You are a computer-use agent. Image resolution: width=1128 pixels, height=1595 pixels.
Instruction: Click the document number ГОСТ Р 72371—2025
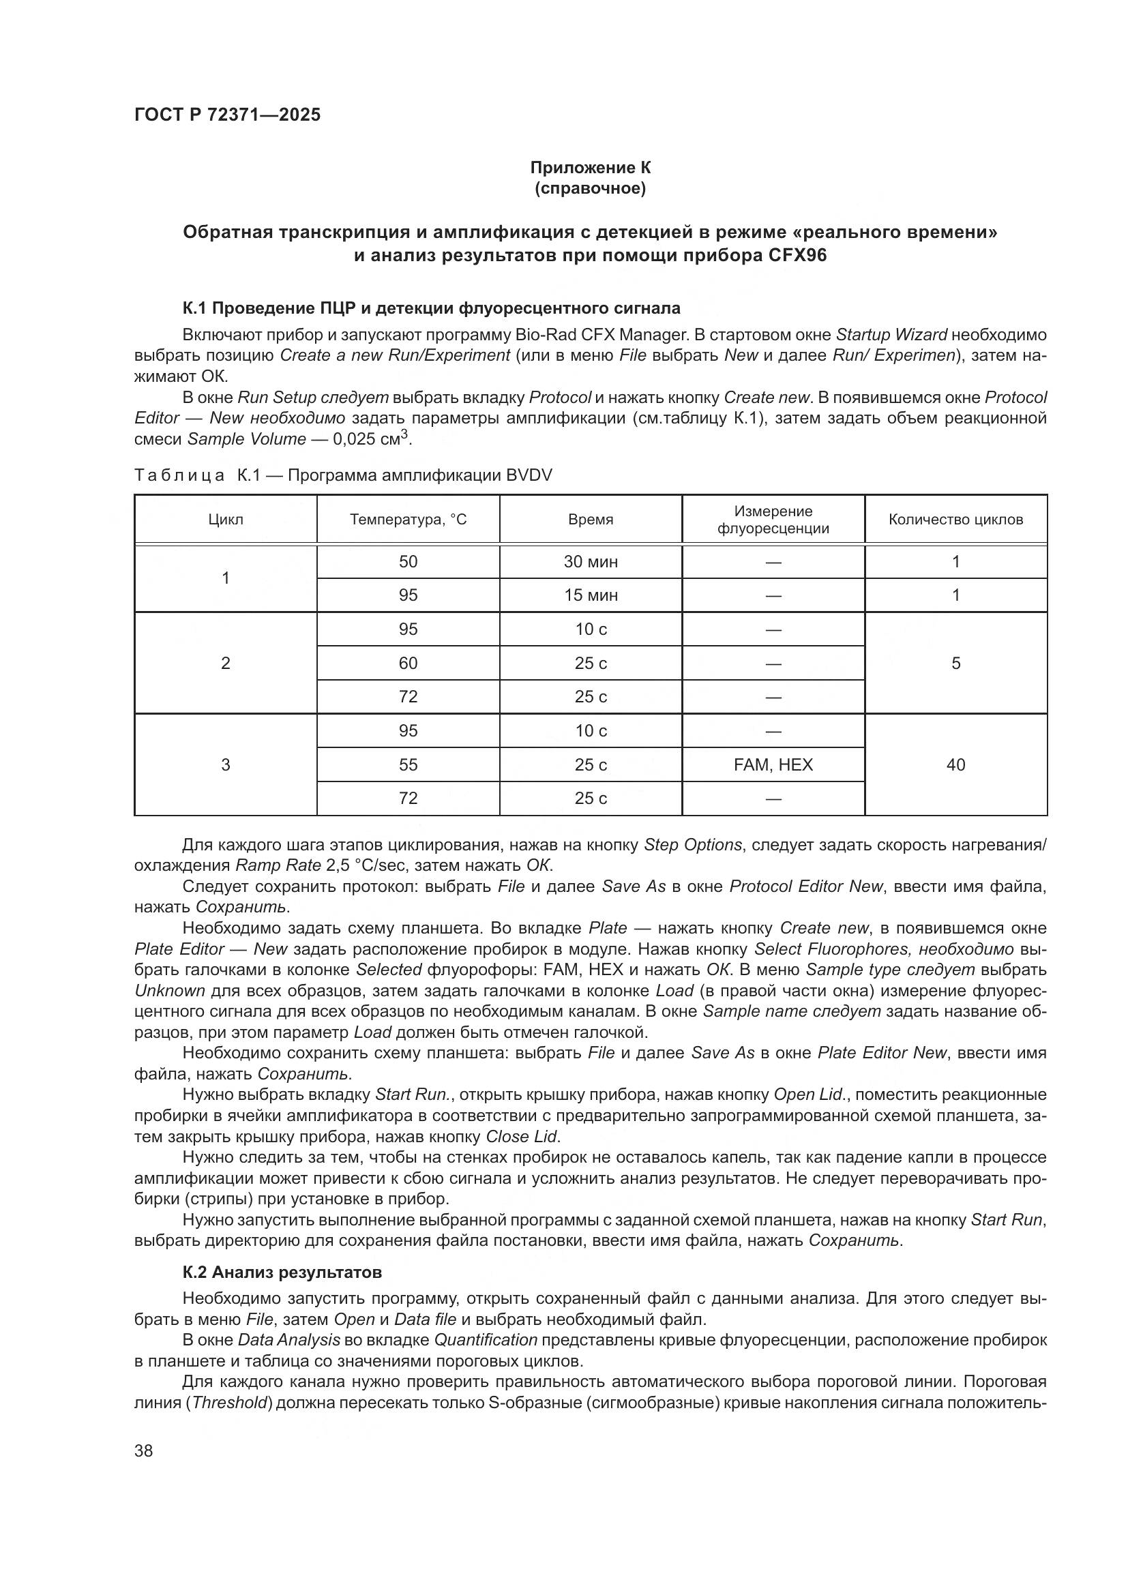click(227, 115)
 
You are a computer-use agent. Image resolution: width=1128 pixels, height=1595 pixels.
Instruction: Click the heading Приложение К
click(591, 168)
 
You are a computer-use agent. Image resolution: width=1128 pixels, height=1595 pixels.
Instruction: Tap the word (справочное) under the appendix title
click(591, 189)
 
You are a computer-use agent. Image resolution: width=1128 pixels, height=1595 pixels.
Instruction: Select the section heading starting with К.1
click(430, 308)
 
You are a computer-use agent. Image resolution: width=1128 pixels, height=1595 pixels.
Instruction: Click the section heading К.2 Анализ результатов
click(282, 1272)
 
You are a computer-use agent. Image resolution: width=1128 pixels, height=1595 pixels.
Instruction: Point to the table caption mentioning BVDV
click(343, 475)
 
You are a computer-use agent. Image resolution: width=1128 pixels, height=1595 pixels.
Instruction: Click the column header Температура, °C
click(408, 519)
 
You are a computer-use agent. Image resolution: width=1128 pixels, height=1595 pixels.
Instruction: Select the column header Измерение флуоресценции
click(773, 520)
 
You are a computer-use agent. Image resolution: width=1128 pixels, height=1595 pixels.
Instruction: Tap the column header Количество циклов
click(955, 519)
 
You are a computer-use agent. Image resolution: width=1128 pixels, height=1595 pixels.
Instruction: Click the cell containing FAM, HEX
click(773, 764)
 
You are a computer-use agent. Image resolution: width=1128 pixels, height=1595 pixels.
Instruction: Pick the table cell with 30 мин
click(591, 561)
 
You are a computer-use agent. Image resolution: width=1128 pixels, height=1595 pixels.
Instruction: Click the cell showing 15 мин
click(591, 595)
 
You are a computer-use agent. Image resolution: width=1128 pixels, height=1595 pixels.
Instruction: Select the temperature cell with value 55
click(408, 764)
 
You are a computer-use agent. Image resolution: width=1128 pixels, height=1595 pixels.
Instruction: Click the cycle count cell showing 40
click(955, 764)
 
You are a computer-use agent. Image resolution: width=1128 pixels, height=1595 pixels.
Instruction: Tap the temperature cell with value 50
click(408, 561)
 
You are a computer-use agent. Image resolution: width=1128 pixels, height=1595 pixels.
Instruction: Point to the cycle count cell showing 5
click(955, 663)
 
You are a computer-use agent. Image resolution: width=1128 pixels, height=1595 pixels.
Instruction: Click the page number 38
click(144, 1450)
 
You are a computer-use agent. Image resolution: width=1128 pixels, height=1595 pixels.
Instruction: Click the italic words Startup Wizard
click(891, 335)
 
